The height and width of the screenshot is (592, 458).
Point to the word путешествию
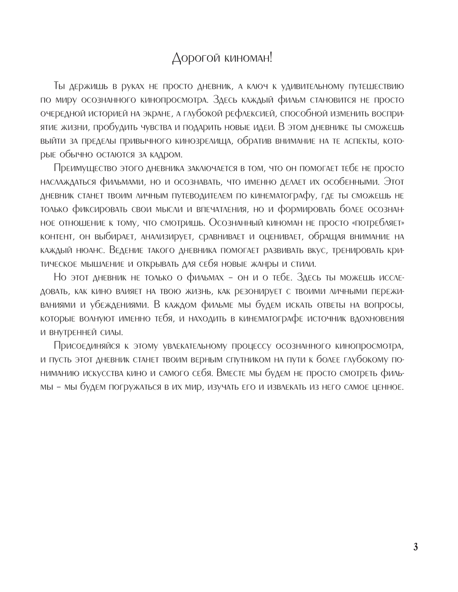(377, 86)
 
